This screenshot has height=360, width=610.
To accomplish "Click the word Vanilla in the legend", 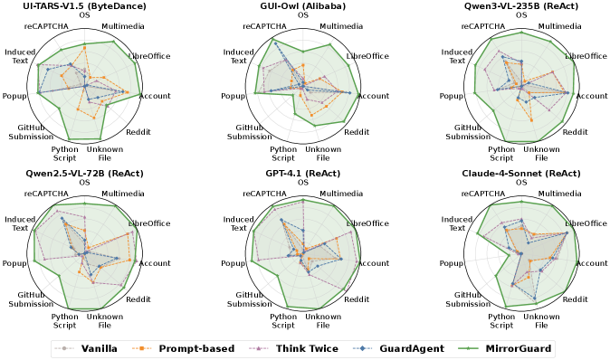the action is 99,348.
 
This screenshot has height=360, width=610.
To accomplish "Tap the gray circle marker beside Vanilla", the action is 64,348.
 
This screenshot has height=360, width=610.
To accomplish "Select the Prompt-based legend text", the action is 196,348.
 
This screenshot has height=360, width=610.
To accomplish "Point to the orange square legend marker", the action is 142,348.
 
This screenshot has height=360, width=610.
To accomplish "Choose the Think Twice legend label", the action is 307,348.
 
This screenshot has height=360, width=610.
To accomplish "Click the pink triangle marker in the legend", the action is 260,348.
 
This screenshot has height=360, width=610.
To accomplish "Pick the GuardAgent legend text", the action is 411,348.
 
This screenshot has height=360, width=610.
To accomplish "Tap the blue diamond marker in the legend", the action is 363,348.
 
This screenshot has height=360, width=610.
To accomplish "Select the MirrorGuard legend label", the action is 518,348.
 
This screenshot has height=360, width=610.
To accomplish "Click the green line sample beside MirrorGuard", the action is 470,348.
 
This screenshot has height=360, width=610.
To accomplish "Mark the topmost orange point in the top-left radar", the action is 85,45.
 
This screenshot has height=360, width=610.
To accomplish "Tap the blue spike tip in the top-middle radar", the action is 275,41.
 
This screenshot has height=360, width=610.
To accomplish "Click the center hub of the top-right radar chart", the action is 522,88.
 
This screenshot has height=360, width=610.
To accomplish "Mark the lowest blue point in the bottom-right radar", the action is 535,300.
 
